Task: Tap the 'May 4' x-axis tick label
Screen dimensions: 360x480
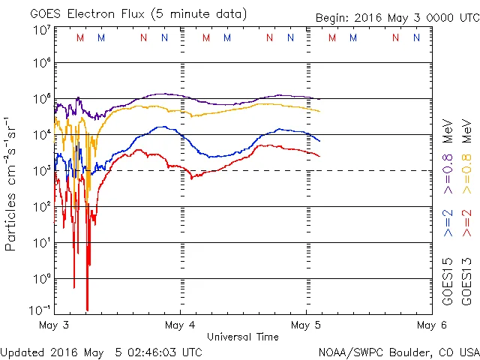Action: (181, 325)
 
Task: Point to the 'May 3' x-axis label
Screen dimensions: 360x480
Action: (54, 325)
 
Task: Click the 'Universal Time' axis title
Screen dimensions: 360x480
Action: (242, 337)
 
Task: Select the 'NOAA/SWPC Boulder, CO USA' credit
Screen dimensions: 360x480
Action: (397, 352)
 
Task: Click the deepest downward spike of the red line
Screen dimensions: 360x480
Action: (88, 309)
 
